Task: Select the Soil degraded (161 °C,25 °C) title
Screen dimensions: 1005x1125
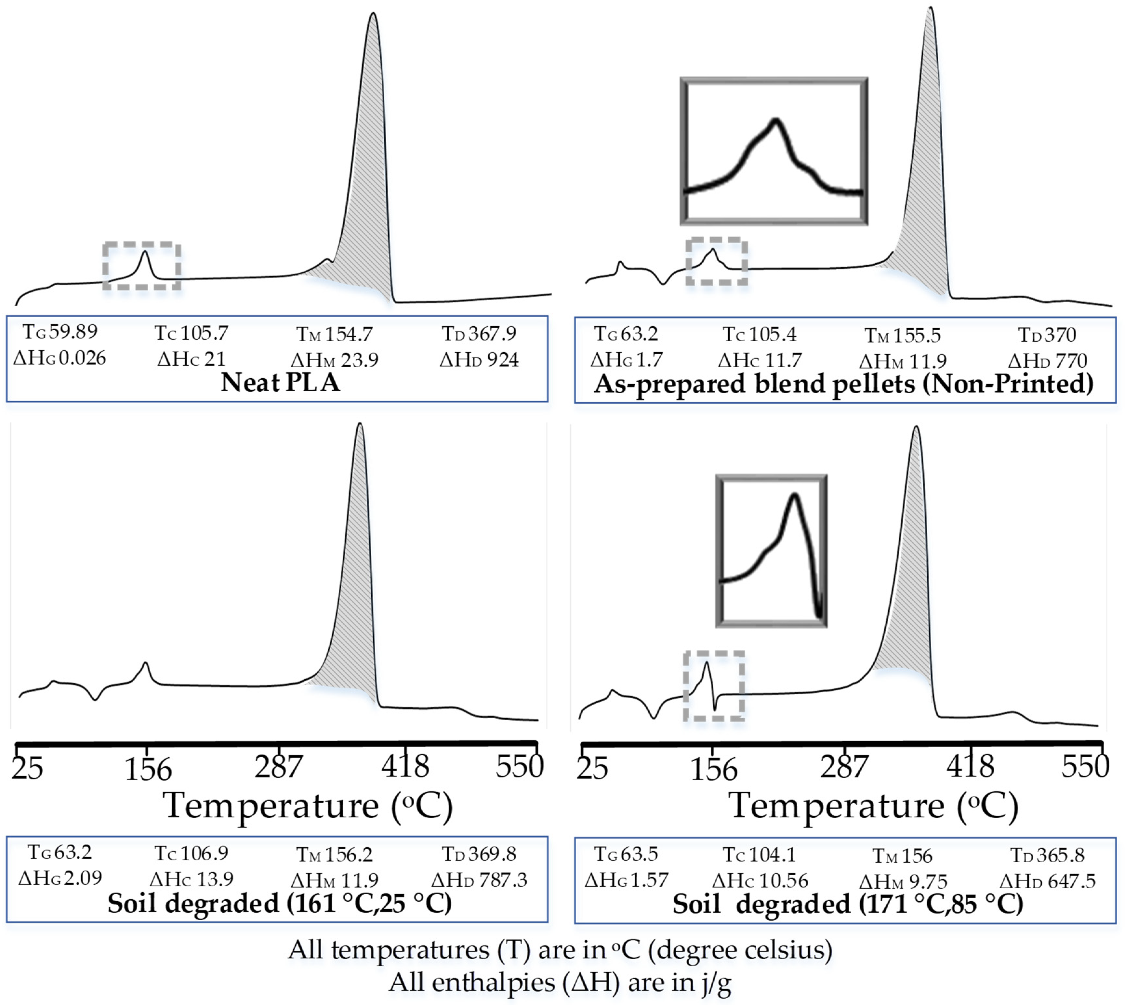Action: click(279, 903)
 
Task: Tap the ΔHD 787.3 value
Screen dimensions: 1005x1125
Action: click(479, 879)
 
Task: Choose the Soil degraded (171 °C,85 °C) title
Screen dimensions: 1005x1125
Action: click(847, 903)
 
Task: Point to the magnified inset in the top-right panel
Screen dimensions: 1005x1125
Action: click(773, 151)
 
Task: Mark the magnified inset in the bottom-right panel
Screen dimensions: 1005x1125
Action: click(771, 551)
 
